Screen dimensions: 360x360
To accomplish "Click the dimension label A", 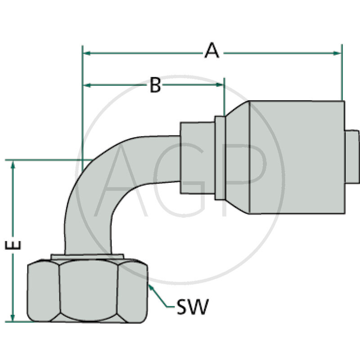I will click(211, 50).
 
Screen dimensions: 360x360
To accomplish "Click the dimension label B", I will click(155, 85).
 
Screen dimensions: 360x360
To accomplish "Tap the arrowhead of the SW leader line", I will click(150, 287).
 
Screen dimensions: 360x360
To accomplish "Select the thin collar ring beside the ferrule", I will click(220, 157).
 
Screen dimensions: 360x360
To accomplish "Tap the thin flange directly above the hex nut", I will click(87, 256).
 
